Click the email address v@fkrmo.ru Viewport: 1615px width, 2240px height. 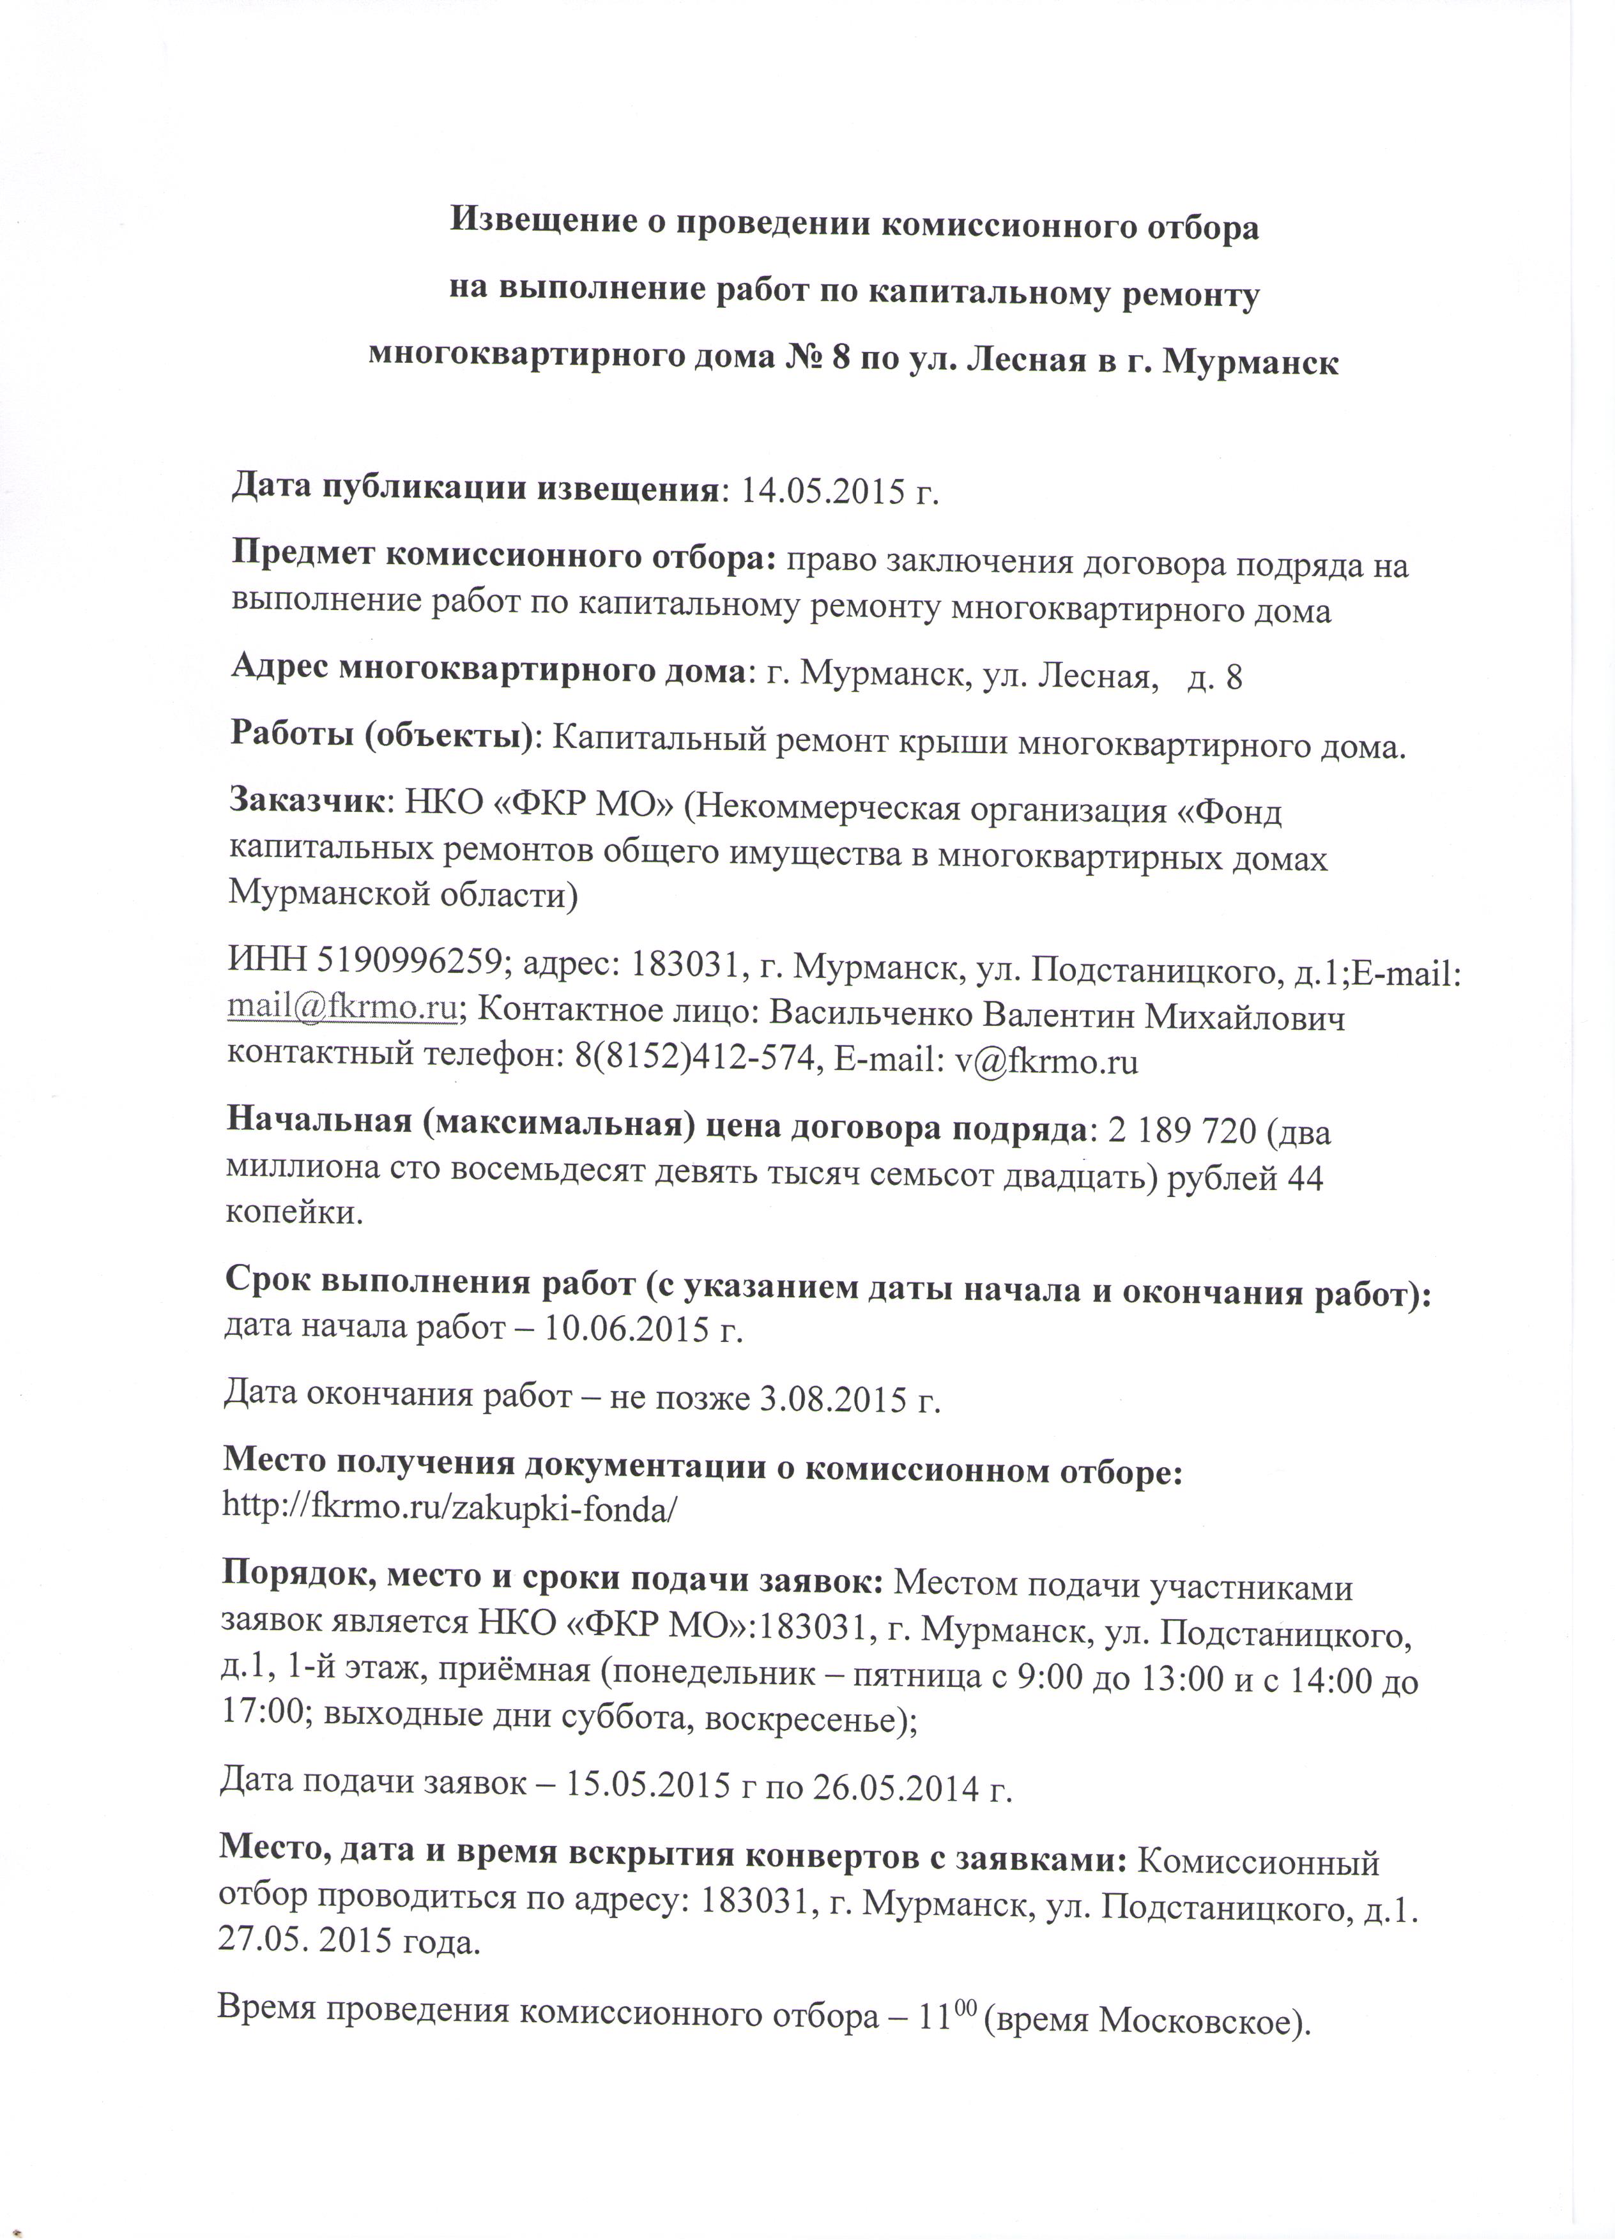click(1046, 1061)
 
